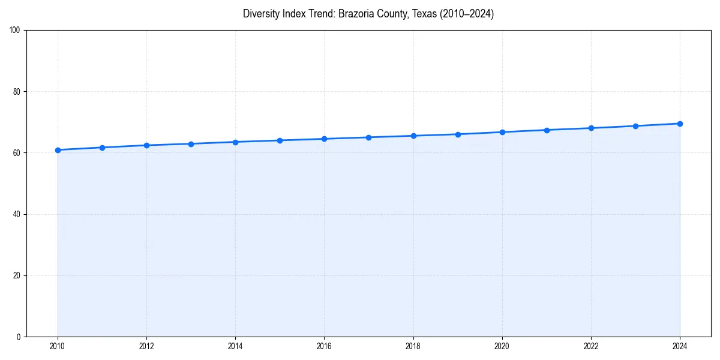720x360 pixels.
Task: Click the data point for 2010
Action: [58, 150]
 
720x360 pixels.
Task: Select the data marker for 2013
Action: [191, 144]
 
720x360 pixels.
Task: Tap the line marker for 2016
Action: [324, 139]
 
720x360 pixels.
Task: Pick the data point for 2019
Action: [458, 134]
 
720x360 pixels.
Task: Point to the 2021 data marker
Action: [547, 130]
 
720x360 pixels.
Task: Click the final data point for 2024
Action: [680, 124]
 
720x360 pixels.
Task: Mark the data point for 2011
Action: [102, 148]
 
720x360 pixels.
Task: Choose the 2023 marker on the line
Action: [635, 126]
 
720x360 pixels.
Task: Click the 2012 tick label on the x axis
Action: [146, 346]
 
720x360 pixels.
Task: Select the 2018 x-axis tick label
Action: [413, 346]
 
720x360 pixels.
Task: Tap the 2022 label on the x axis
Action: [591, 346]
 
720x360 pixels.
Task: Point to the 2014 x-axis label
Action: [235, 346]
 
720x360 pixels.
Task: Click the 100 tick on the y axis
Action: [15, 31]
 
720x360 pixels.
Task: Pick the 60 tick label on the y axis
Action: [17, 153]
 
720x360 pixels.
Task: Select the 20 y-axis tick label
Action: [17, 275]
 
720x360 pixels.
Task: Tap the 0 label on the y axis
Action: [19, 337]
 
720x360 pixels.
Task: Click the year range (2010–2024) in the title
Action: [467, 14]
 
